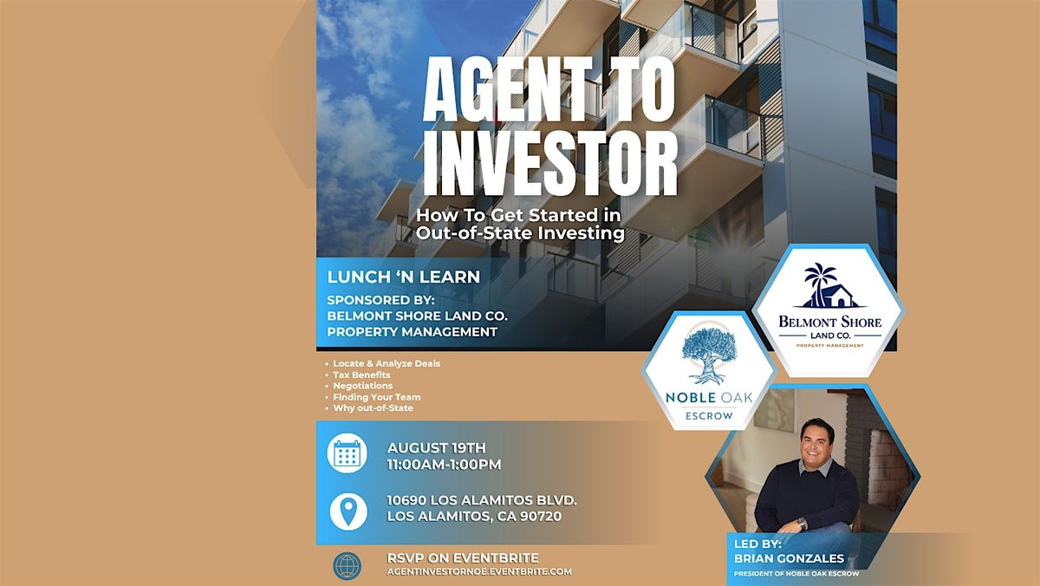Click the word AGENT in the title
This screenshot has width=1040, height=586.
point(508,89)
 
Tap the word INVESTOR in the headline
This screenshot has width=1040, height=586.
point(550,163)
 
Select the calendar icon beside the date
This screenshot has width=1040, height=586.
point(347,453)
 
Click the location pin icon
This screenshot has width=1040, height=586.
point(348,511)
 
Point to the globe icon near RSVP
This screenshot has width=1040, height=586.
point(347,565)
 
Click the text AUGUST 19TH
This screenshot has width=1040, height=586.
point(437,447)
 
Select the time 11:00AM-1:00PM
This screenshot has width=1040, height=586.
point(445,465)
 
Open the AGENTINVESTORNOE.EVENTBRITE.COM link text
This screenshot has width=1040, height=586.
point(479,571)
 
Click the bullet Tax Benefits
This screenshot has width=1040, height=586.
point(361,374)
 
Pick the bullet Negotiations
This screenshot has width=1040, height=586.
point(362,386)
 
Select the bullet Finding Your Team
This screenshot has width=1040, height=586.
point(376,397)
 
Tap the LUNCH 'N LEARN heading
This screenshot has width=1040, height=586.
point(404,277)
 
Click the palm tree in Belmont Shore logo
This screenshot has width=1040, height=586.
point(819,281)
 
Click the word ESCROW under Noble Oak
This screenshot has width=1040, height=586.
point(709,416)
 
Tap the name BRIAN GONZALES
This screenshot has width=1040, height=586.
point(789,558)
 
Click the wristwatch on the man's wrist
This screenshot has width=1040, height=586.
point(802,524)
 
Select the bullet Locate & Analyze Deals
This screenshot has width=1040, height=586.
point(387,363)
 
